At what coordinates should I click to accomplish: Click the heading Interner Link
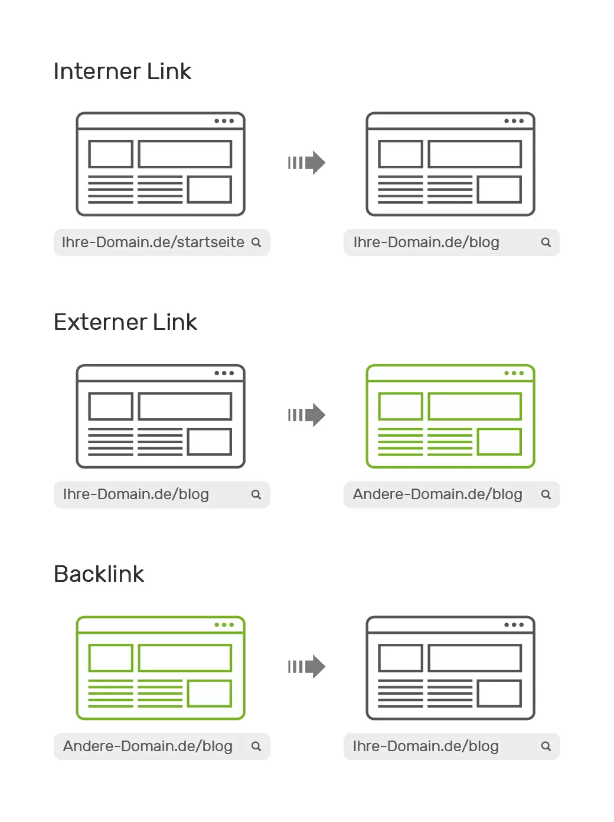point(122,71)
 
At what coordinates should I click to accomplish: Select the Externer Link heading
point(125,322)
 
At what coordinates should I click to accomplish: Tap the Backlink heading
point(99,574)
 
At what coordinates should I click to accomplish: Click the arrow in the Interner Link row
point(307,163)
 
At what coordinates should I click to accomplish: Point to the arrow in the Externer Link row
point(307,415)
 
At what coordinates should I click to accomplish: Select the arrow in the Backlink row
point(307,667)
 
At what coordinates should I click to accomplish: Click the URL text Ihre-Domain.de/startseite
point(153,243)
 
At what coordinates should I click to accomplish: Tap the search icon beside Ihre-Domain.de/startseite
point(256,243)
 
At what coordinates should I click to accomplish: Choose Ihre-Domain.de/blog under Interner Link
point(426,243)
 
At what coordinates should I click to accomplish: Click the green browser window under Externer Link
point(450,417)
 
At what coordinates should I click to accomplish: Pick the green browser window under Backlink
point(161,668)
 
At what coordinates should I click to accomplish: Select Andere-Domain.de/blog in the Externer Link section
point(437,494)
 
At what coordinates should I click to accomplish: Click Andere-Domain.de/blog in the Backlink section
point(148,746)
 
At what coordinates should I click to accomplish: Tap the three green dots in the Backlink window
point(224,625)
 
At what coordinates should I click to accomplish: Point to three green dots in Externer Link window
point(514,373)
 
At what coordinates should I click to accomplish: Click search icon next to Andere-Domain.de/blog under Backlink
point(256,746)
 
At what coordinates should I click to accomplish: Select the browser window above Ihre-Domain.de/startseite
point(161,164)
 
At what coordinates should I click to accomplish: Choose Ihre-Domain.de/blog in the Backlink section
point(426,746)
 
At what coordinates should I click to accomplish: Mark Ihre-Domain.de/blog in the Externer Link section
point(136,494)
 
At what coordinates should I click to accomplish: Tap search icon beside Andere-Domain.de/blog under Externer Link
point(546,494)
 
